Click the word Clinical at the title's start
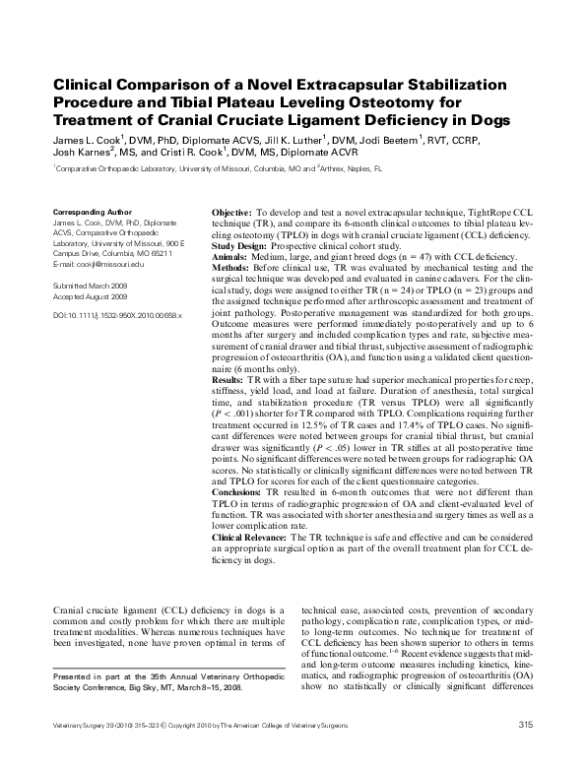pos(80,86)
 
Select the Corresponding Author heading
pos(90,212)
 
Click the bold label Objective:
pos(231,213)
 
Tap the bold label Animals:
pos(231,255)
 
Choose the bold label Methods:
pos(233,266)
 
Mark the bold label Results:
pos(230,380)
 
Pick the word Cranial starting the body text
pos(68,611)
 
